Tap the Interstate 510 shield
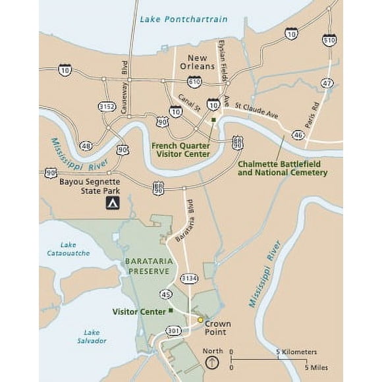[329, 41]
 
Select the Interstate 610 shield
[194, 81]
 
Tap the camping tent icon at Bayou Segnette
[113, 203]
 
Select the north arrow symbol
[212, 362]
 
